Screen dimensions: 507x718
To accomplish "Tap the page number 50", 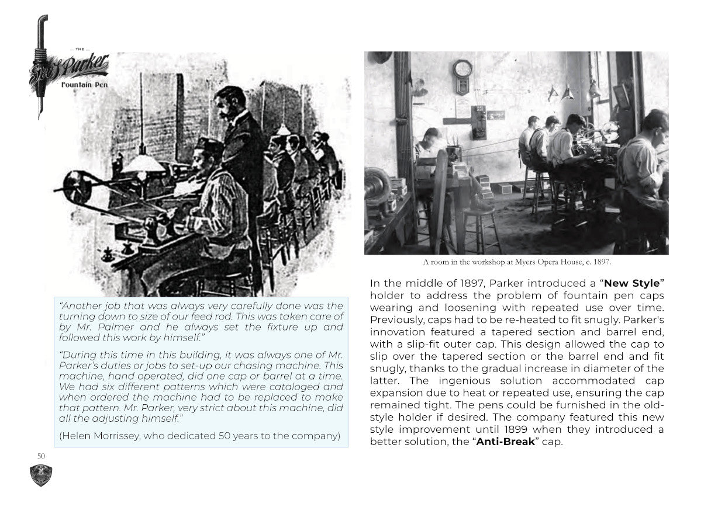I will click(41, 456).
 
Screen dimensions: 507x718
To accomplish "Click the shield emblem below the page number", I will click(41, 475).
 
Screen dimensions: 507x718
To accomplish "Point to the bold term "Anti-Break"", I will click(505, 442).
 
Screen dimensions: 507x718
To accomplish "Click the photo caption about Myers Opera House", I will click(516, 262).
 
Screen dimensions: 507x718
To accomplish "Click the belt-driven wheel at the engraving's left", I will click(74, 186).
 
